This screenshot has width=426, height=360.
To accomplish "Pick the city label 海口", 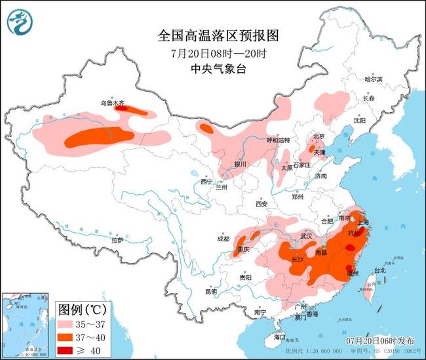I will [x=280, y=337].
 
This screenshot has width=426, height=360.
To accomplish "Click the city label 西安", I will [x=261, y=204].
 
